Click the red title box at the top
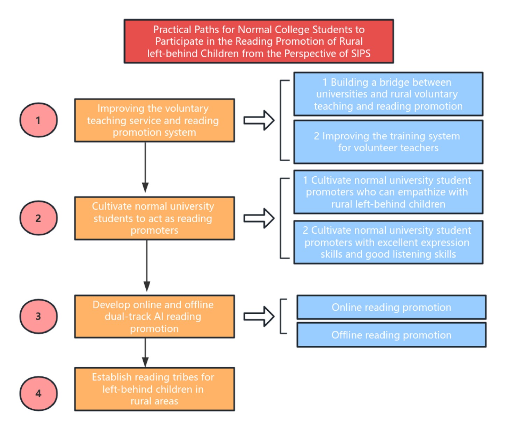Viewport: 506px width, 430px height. point(259,41)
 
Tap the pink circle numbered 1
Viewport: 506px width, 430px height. point(38,120)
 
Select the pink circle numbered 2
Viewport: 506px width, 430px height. point(38,218)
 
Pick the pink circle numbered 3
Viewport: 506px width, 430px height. point(38,316)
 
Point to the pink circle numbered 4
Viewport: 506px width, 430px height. point(38,394)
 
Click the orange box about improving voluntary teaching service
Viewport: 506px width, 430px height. point(154,120)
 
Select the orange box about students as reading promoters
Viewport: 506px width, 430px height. point(154,218)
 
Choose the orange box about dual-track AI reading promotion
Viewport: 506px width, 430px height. point(154,317)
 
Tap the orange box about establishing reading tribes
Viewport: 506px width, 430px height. point(154,389)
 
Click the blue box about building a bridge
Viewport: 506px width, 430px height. point(388,94)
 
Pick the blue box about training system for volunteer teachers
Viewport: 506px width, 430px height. point(388,142)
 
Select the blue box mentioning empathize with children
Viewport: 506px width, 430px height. point(388,192)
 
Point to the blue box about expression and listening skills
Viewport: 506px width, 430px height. point(388,242)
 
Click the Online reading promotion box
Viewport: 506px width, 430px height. point(391,307)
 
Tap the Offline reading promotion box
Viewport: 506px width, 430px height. point(391,335)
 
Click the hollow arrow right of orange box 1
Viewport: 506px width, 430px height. point(259,120)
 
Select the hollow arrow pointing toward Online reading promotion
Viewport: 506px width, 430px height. point(259,317)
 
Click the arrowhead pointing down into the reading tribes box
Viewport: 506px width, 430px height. point(145,362)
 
